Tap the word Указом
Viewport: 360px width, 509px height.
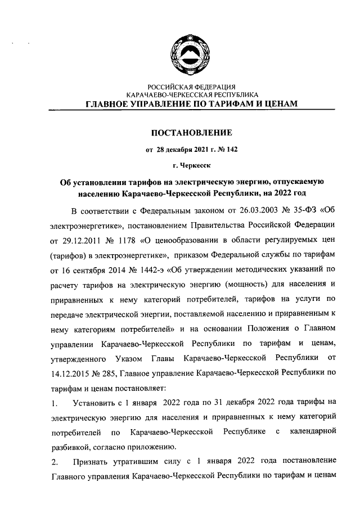[x=129, y=358]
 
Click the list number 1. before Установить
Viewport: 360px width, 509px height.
[x=53, y=403]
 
